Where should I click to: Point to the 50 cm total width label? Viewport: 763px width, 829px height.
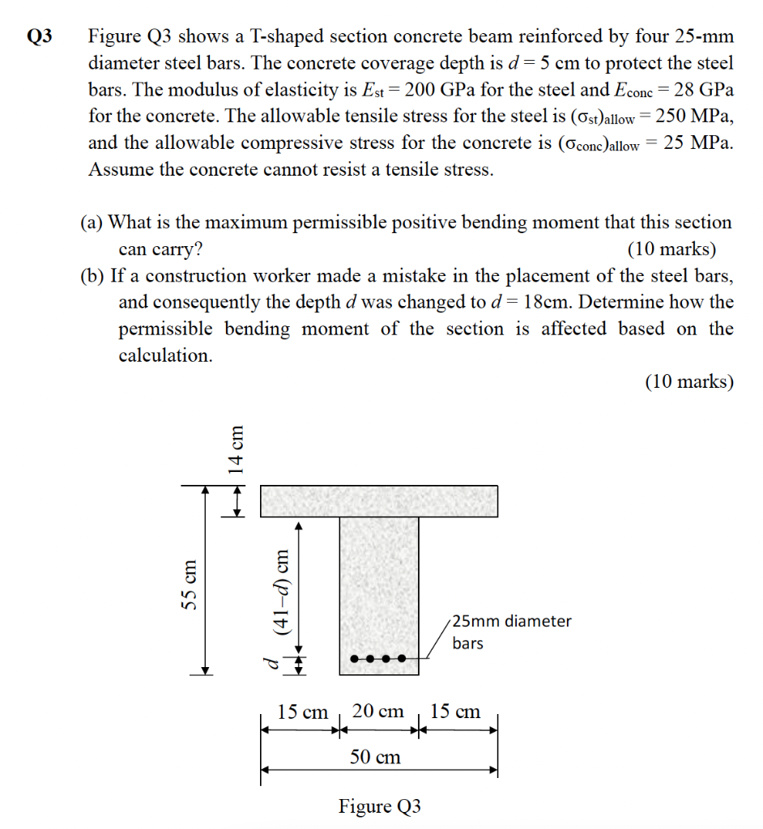coord(375,757)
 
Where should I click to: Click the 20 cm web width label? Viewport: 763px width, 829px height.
coord(378,712)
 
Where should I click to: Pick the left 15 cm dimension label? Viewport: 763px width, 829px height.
coord(302,712)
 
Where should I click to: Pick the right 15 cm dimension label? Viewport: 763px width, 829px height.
coord(455,712)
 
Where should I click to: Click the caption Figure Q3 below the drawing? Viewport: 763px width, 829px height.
coord(380,806)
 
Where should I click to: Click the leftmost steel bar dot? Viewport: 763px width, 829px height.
coord(353,659)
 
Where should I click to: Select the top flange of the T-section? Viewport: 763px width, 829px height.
coord(378,501)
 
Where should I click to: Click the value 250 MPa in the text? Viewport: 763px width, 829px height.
coord(694,116)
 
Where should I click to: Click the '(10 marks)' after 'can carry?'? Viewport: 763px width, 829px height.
coord(671,249)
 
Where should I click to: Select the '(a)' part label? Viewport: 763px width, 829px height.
coord(92,222)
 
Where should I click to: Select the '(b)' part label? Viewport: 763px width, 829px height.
coord(92,275)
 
